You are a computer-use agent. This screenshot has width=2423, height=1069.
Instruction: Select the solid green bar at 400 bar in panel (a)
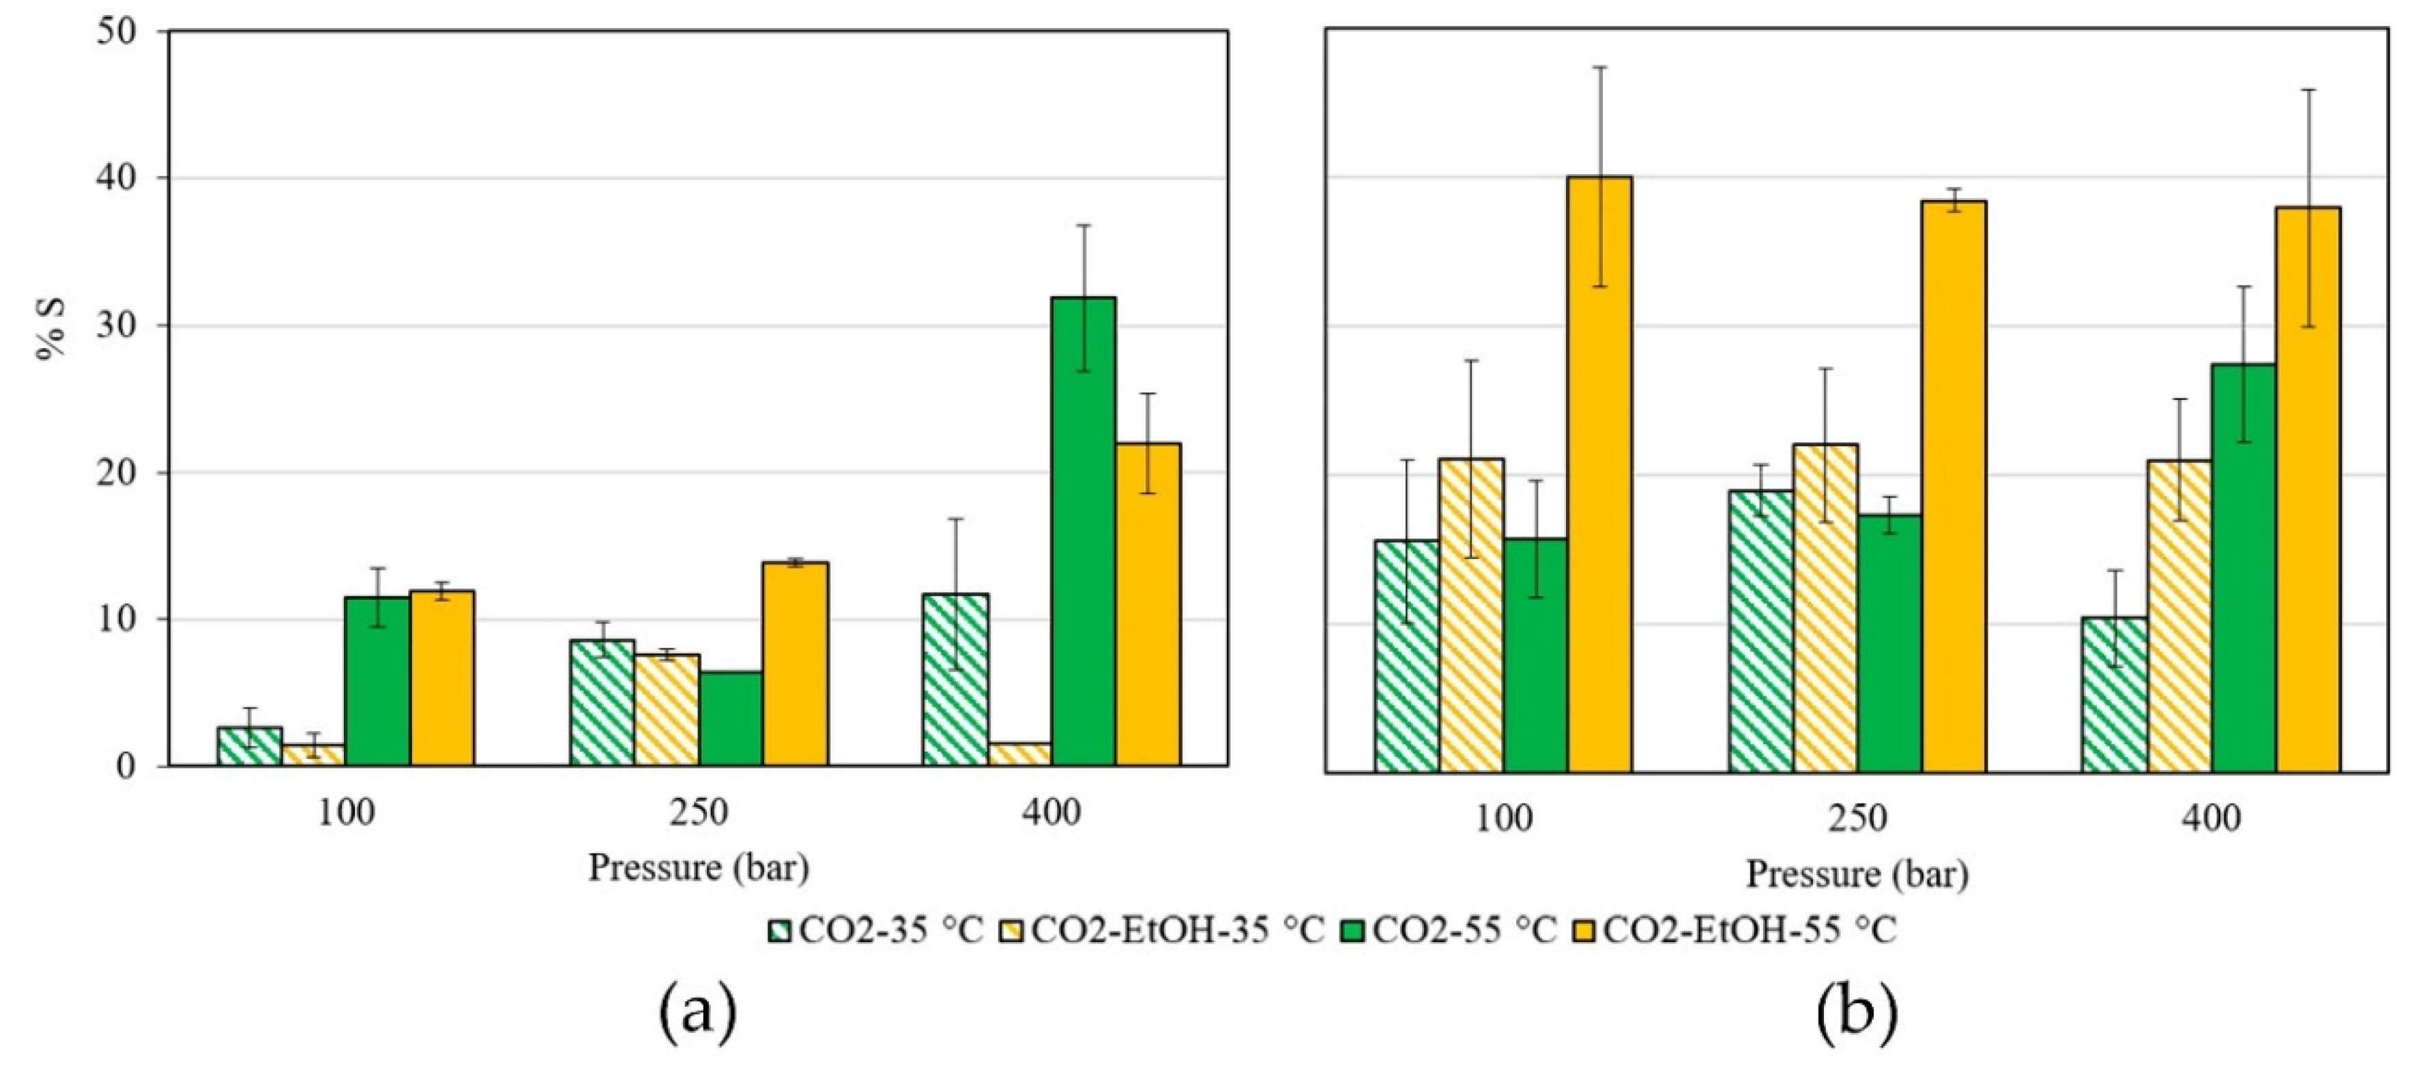click(x=1084, y=532)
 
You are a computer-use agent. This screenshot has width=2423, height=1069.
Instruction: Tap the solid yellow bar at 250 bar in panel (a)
click(x=795, y=664)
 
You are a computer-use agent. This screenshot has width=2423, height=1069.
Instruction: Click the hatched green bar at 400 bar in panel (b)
click(x=2115, y=694)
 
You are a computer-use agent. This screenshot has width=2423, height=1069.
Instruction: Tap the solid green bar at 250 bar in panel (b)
click(x=1889, y=643)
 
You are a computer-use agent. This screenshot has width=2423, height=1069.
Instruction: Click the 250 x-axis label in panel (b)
click(x=1858, y=818)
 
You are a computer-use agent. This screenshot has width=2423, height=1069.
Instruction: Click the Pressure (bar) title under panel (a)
click(x=698, y=867)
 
